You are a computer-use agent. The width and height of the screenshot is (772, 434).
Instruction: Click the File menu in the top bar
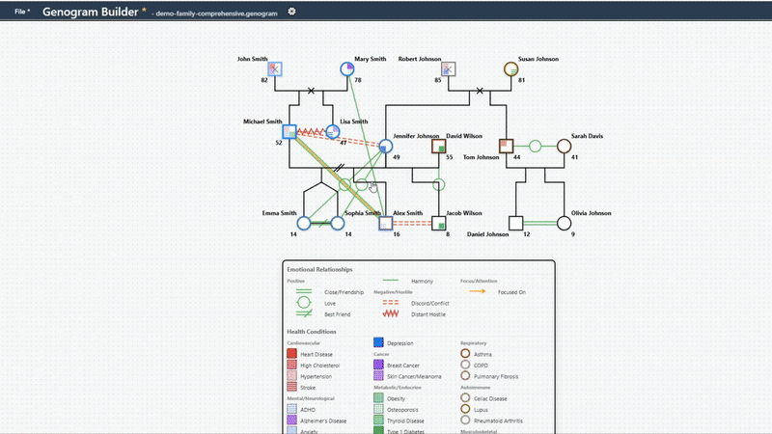[22, 11]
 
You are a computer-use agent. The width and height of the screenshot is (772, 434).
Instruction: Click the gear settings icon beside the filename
[292, 12]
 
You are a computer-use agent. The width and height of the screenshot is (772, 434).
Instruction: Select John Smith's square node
[275, 68]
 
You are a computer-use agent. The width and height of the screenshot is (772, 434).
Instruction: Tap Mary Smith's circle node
[347, 68]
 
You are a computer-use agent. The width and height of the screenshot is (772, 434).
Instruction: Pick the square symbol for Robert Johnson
[448, 68]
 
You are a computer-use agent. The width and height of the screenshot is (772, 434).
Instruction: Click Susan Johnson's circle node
[511, 68]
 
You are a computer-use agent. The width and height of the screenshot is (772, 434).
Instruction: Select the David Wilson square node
[439, 147]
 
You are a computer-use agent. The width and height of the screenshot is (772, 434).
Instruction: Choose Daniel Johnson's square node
[516, 223]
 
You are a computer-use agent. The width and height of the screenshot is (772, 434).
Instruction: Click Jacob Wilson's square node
[439, 223]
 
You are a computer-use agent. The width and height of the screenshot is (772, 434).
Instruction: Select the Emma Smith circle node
[304, 223]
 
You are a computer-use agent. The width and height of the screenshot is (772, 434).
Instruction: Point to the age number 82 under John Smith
[263, 80]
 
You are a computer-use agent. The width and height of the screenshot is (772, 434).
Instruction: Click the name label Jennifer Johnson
[416, 136]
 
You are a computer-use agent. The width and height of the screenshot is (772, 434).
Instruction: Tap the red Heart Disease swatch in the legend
[292, 354]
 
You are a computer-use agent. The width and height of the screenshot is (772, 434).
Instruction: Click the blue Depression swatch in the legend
[379, 342]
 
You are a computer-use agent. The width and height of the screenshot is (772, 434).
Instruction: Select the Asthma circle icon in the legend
[466, 354]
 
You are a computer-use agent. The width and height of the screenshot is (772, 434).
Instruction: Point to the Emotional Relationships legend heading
[319, 269]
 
